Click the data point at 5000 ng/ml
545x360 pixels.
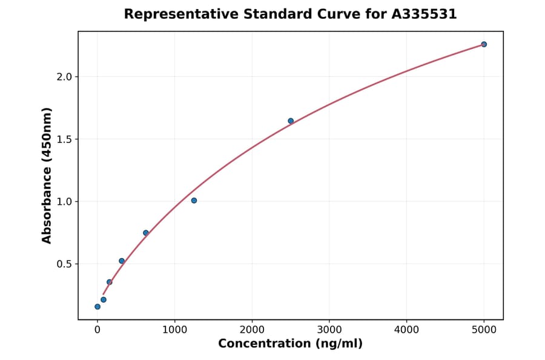[x=484, y=44]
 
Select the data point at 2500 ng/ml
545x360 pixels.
[x=291, y=121]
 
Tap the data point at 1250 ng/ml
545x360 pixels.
[x=194, y=201]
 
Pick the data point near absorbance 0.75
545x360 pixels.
[x=146, y=233]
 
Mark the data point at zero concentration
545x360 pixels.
[x=97, y=307]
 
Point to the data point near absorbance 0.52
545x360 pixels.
[x=122, y=261]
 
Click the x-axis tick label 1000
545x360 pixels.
[x=175, y=330]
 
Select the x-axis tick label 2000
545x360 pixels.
[x=252, y=330]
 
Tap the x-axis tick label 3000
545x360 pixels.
[x=329, y=330]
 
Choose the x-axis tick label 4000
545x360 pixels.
[x=406, y=330]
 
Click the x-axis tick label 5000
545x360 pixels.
[x=484, y=330]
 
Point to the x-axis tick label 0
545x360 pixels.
[x=97, y=330]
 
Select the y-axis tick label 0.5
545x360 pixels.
[x=63, y=264]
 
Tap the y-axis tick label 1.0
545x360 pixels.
[x=63, y=202]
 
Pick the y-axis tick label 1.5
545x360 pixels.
[x=63, y=139]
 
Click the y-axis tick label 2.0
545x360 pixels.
[x=63, y=77]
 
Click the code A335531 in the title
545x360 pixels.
[x=423, y=14]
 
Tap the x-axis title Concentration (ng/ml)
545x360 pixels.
[x=290, y=344]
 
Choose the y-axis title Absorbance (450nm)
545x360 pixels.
[x=47, y=175]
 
